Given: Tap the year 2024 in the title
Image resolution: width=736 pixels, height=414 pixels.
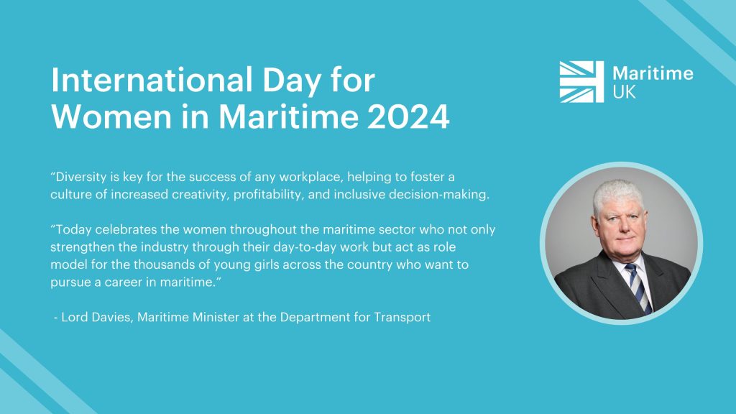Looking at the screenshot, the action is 408,116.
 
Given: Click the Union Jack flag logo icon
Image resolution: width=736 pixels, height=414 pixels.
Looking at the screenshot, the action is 581,82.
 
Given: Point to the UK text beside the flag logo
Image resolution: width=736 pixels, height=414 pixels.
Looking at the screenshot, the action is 624,92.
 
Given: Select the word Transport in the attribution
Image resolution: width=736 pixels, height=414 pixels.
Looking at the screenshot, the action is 402,317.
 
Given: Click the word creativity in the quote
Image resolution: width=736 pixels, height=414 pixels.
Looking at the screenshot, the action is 201,194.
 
